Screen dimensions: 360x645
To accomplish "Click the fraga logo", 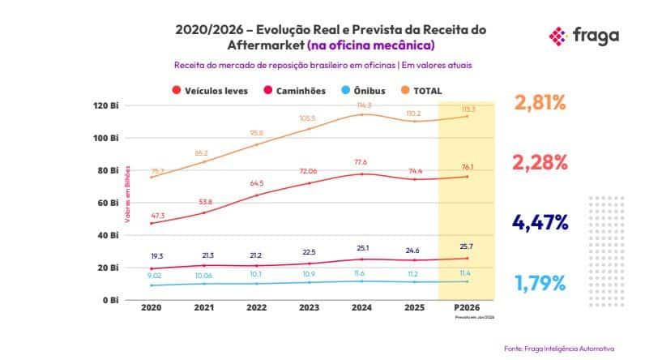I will tap(584, 35).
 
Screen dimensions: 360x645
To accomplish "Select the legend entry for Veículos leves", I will tap(211, 91).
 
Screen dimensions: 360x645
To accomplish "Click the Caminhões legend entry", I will tap(291, 91).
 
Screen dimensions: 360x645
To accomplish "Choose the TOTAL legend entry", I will tap(421, 91).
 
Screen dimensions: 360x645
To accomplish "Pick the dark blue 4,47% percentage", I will tap(540, 221).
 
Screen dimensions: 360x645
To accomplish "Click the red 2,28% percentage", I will tap(540, 162).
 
